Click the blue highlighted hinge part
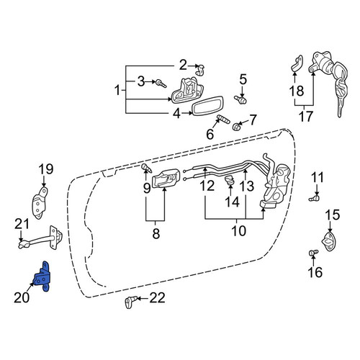click(x=41, y=277)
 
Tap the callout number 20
click(x=22, y=298)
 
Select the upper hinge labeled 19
click(x=40, y=204)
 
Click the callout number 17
click(x=306, y=117)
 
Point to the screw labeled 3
click(x=161, y=84)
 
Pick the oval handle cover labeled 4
click(x=208, y=106)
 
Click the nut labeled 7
click(x=236, y=126)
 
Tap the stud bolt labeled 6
click(x=223, y=119)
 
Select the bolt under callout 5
click(x=240, y=99)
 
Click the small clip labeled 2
click(x=199, y=70)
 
